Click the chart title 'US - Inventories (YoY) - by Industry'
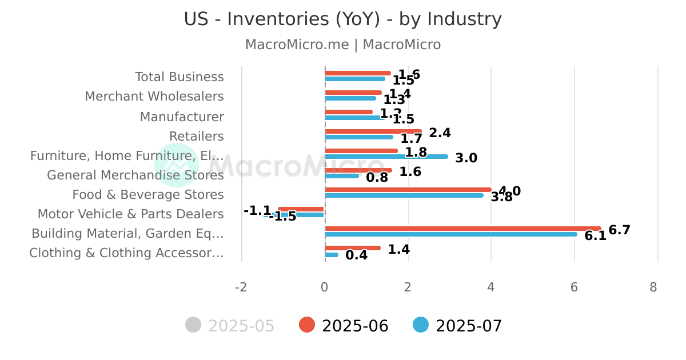[342, 19]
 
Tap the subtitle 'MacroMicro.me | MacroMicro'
[342, 45]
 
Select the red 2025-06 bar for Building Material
[462, 229]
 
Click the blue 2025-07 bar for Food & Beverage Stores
[404, 195]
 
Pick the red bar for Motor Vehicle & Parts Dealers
[301, 209]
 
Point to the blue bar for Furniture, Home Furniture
[386, 157]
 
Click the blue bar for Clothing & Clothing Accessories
[332, 255]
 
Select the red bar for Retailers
[373, 131]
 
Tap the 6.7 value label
[619, 230]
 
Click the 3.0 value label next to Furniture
[466, 158]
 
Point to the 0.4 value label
[356, 255]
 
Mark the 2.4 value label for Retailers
[440, 133]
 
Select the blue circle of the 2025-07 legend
[420, 325]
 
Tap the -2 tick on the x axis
[241, 287]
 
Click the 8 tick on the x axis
[653, 287]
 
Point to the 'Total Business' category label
[180, 77]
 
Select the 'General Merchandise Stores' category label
[135, 175]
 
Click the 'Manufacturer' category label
[182, 117]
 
